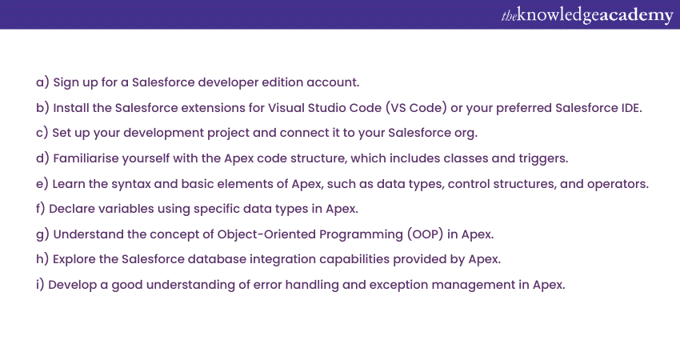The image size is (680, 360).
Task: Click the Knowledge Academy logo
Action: click(x=587, y=15)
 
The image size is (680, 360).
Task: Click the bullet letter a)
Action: click(x=42, y=82)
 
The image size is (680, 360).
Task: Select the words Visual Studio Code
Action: click(x=324, y=107)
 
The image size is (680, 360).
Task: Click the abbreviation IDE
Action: click(x=630, y=107)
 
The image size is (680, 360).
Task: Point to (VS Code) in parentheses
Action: click(x=416, y=107)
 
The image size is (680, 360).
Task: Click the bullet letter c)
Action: click(x=42, y=133)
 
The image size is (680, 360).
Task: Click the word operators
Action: click(x=618, y=184)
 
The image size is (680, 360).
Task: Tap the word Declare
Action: click(x=71, y=209)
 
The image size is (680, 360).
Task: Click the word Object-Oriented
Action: click(x=266, y=234)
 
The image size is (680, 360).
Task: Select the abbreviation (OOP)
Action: click(x=425, y=234)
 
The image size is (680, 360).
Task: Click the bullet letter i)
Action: click(x=40, y=285)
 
